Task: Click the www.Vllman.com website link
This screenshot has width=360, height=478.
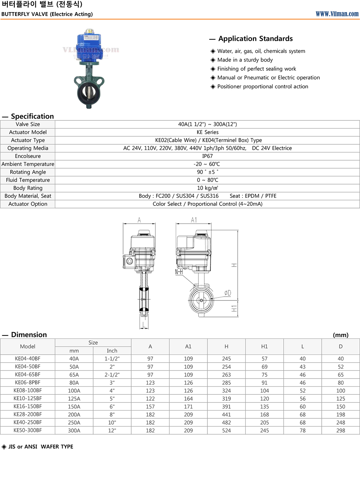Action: click(x=337, y=14)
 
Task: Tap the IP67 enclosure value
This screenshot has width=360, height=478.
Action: click(x=207, y=156)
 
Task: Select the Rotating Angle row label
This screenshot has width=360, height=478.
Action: click(x=28, y=172)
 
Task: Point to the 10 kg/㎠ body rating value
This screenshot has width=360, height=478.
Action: click(x=207, y=188)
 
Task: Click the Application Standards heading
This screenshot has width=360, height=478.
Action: click(x=255, y=39)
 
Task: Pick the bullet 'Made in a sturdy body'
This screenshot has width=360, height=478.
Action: click(x=245, y=60)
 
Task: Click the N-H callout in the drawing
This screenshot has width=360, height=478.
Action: click(x=179, y=272)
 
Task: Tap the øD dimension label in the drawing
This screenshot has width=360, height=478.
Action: click(x=228, y=293)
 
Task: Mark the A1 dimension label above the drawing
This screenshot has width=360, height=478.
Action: click(x=194, y=220)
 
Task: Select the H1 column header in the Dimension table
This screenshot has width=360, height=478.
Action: click(x=265, y=347)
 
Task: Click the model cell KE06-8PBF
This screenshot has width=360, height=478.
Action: click(x=28, y=383)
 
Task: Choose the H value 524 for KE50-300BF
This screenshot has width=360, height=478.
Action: click(x=226, y=430)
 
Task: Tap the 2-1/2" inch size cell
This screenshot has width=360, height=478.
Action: click(x=112, y=375)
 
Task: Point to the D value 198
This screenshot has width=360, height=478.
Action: click(x=340, y=415)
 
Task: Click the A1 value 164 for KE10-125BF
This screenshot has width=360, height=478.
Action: click(x=188, y=398)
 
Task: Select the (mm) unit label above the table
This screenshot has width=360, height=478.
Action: click(x=340, y=335)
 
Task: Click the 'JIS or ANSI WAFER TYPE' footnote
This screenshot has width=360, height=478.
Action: click(x=41, y=447)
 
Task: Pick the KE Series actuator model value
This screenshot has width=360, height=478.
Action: click(x=207, y=132)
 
